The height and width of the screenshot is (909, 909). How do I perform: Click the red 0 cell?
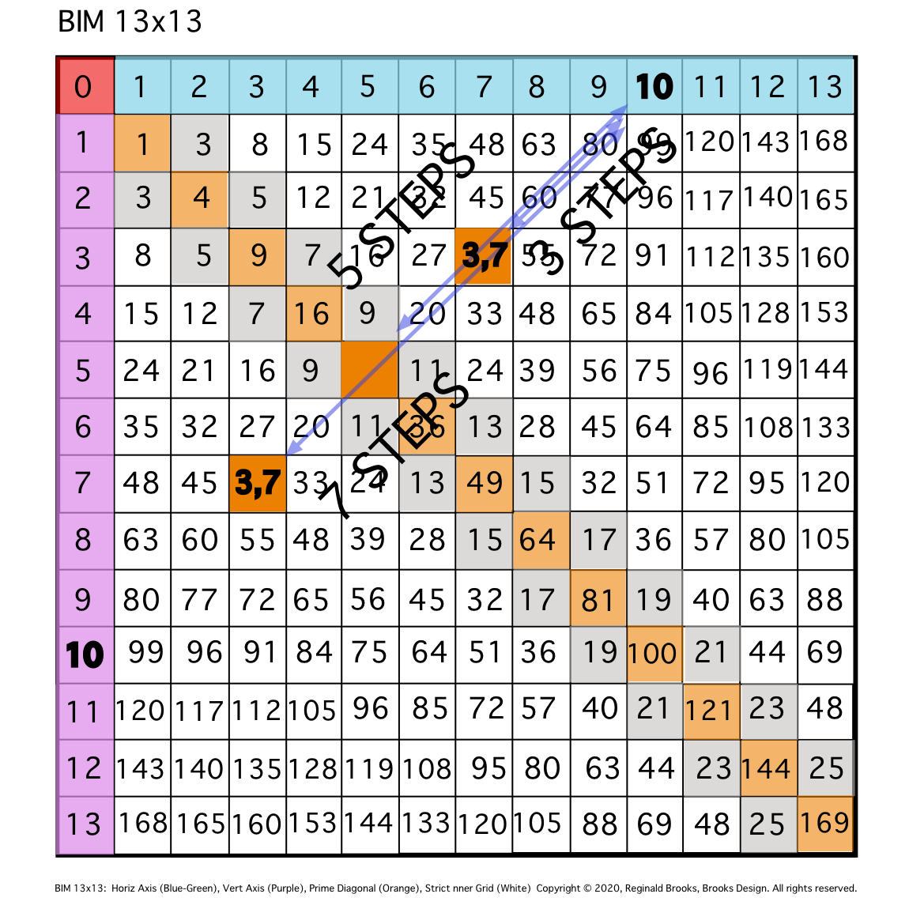[85, 86]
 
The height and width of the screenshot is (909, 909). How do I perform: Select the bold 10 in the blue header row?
[654, 86]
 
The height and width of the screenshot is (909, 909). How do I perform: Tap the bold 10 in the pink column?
[85, 655]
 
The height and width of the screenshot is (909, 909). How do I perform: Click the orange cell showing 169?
[825, 824]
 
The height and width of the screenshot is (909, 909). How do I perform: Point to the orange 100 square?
[654, 654]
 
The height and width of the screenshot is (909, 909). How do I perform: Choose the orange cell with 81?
[598, 598]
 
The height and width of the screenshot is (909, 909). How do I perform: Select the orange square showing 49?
[485, 484]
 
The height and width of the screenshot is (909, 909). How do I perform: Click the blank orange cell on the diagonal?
[370, 370]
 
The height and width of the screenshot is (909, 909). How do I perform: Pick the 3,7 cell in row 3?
[483, 256]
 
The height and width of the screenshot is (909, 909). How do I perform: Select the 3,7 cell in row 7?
[258, 484]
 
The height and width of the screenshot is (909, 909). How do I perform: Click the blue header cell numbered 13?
[825, 86]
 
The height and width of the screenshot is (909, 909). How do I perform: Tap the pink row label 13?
[85, 825]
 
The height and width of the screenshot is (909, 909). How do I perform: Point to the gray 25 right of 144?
[826, 768]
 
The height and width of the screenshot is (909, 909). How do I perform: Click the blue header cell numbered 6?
[427, 86]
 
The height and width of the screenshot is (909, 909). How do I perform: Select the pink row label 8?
[85, 541]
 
